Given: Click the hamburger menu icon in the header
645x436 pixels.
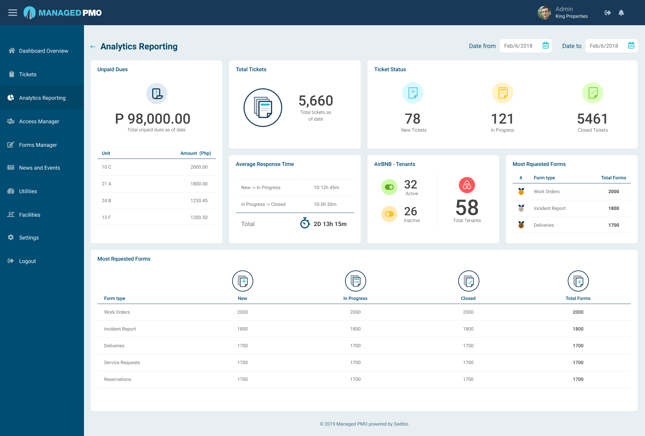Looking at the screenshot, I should click(13, 13).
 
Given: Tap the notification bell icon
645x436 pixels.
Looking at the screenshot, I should click(621, 13).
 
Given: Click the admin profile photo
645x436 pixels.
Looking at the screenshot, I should click(544, 13).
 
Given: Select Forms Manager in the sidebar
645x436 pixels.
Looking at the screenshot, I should click(38, 145).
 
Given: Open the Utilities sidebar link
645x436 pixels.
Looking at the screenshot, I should click(28, 191).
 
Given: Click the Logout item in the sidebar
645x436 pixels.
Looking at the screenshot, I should click(27, 261).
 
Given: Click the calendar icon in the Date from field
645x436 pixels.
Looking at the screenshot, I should click(546, 46).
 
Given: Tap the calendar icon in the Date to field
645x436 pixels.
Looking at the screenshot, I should click(631, 46).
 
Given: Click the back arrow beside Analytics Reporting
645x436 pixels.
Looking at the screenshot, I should click(93, 47).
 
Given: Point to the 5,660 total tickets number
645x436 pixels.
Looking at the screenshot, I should click(315, 101).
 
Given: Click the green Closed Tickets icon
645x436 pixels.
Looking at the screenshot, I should click(593, 93).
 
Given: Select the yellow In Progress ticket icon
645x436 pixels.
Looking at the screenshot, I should click(503, 93).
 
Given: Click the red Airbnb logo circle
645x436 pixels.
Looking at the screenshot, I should click(467, 185).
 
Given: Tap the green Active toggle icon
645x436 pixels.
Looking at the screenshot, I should click(389, 187).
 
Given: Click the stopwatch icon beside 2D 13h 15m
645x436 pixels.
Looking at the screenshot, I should click(305, 223).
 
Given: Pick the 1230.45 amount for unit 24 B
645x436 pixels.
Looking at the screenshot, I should click(199, 201).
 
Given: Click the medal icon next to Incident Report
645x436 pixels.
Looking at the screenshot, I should click(521, 208).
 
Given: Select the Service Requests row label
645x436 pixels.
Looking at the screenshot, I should click(122, 362).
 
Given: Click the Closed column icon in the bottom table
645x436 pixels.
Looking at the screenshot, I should click(468, 281).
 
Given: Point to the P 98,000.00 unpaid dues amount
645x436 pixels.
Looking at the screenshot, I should click(153, 119).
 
